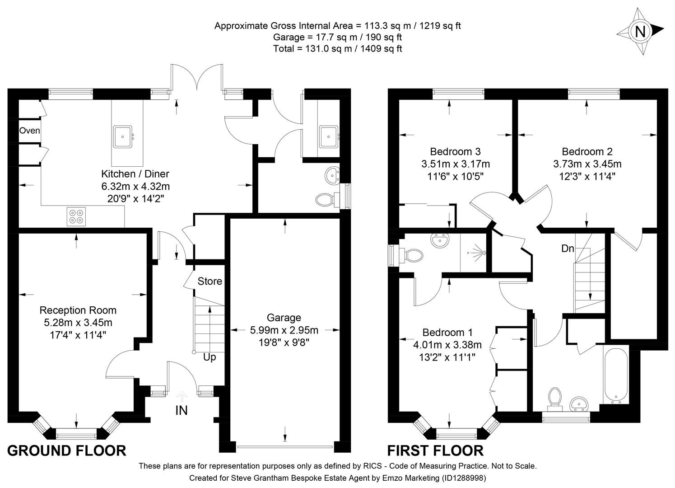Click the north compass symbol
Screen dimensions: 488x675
point(640,32)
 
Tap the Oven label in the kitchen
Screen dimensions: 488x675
point(29,131)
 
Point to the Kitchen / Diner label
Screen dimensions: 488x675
point(135,174)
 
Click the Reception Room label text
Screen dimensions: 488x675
point(78,310)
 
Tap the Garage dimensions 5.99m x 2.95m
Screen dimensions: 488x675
point(284,330)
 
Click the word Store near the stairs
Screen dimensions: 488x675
point(210,281)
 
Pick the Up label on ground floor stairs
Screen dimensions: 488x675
point(209,357)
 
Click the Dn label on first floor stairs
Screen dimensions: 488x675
point(568,248)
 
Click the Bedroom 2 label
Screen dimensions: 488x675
point(587,151)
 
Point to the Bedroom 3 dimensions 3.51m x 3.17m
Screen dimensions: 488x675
point(455,164)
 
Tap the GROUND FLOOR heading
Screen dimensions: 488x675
point(67,450)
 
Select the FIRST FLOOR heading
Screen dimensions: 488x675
point(435,450)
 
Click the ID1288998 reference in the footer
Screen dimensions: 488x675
point(464,478)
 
